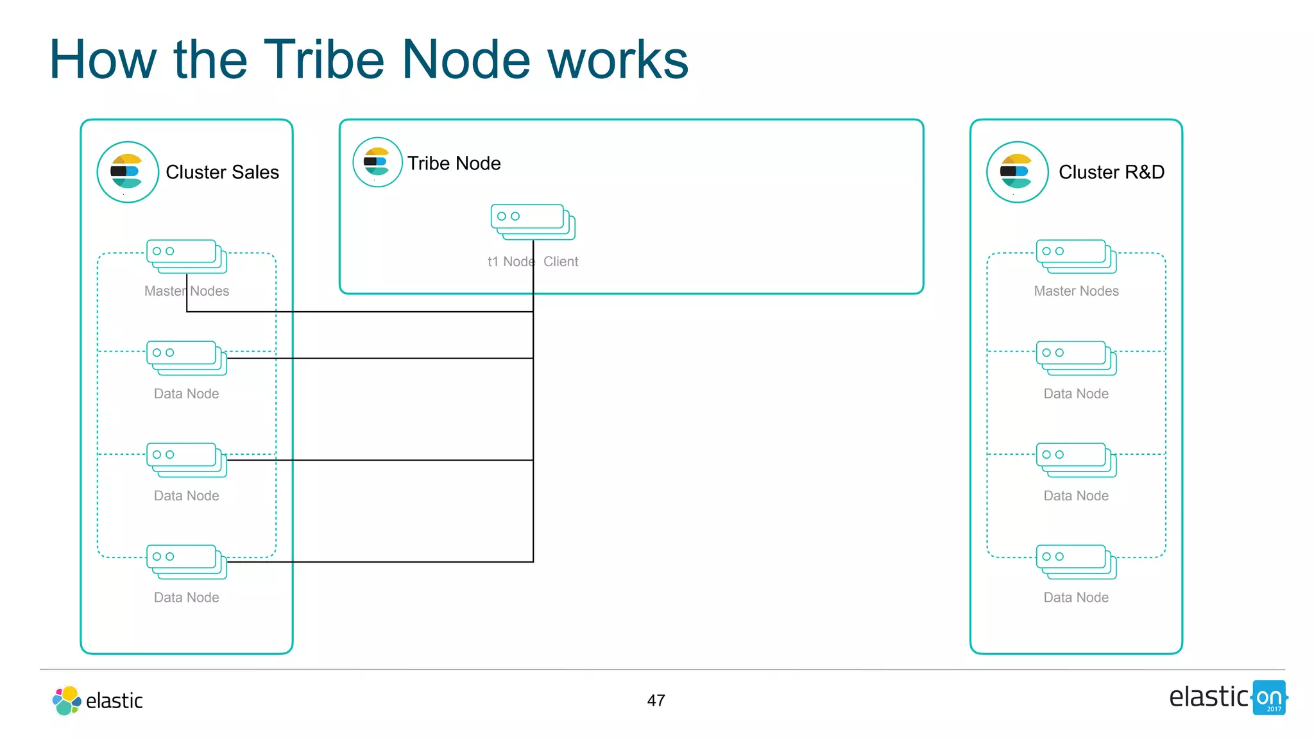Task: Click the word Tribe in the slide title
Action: pos(323,60)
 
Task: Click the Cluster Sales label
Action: pos(222,172)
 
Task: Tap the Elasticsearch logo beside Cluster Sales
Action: pos(128,172)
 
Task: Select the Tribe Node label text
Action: pos(454,163)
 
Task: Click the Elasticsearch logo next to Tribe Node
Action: pos(377,162)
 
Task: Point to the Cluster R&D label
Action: pos(1111,172)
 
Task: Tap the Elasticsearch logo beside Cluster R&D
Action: pos(1017,172)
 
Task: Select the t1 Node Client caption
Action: pos(533,262)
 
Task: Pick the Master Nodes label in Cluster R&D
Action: pos(1076,291)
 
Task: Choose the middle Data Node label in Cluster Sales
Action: pos(186,496)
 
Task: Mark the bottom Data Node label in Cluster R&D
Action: pos(1076,598)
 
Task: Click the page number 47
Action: pos(656,701)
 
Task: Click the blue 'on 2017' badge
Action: pos(1269,698)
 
